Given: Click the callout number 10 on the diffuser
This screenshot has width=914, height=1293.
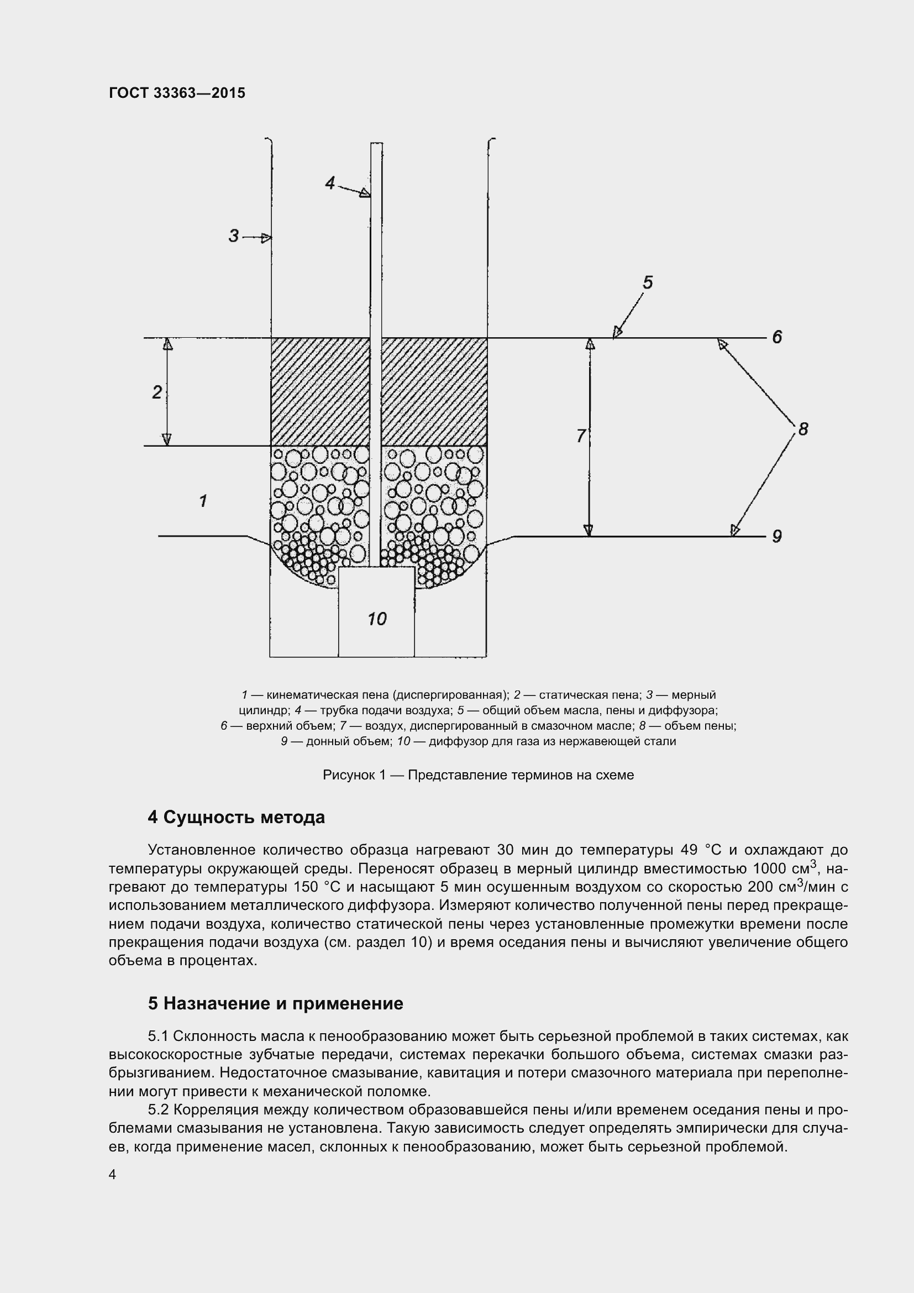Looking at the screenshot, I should tap(376, 619).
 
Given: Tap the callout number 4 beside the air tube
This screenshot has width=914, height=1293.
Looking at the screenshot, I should tap(330, 183).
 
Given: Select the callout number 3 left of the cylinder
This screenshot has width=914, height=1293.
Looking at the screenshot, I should tap(234, 235).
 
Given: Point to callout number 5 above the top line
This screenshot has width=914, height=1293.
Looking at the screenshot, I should tap(648, 282).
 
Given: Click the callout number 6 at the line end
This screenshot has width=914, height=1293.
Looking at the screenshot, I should tap(776, 337).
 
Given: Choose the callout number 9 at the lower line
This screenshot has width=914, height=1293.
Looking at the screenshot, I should tap(776, 536).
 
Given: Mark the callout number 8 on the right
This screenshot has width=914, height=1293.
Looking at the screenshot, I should tap(802, 429).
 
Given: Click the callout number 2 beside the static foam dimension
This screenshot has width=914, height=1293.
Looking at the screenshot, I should tap(157, 392).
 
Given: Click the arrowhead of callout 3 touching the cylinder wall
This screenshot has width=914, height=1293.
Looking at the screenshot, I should tap(267, 238).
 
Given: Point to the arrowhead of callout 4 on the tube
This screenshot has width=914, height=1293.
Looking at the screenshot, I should tap(365, 193).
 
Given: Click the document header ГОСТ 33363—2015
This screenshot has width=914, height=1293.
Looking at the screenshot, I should tap(177, 93).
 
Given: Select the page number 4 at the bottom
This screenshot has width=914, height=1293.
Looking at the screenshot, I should tap(113, 1174).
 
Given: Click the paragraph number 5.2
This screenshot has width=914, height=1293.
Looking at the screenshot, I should tap(158, 1110).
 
